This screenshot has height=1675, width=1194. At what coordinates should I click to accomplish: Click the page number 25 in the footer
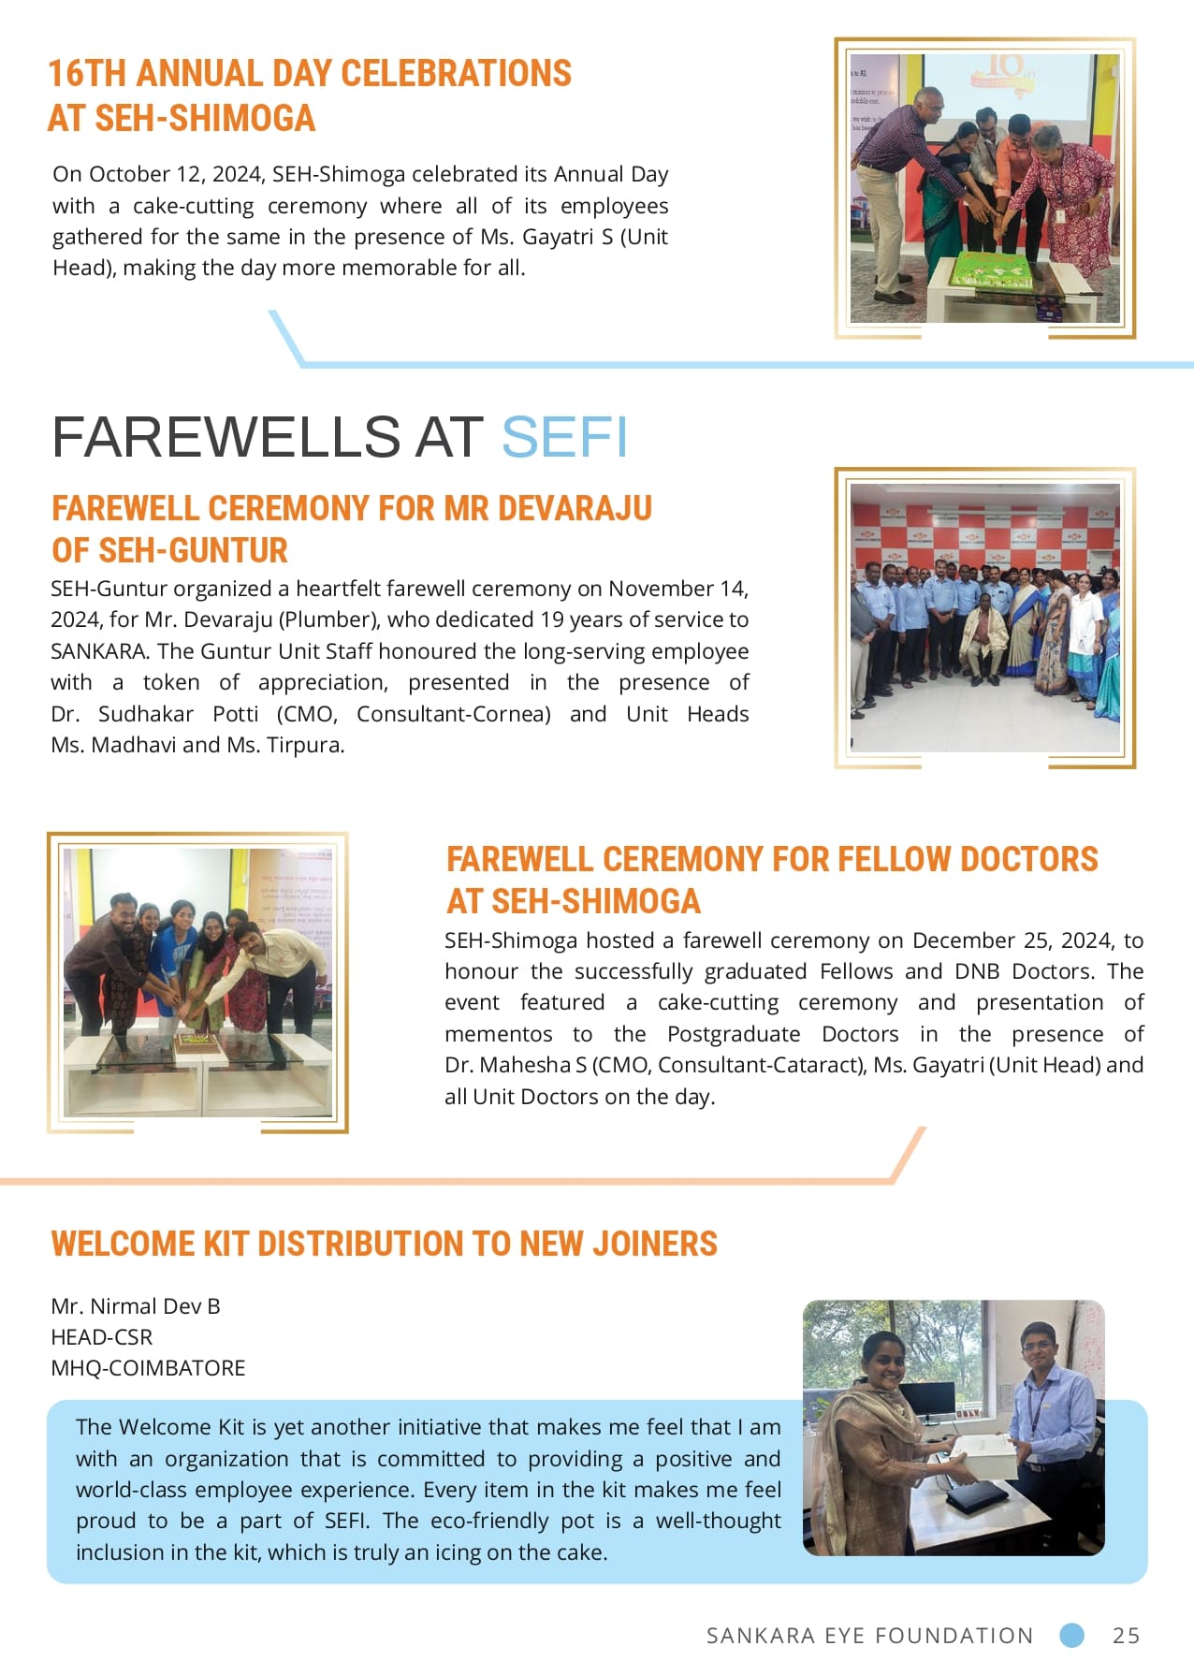(x=1126, y=1635)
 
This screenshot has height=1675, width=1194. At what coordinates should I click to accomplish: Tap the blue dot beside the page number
(x=1071, y=1635)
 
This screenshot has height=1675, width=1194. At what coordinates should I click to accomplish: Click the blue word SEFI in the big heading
(x=564, y=437)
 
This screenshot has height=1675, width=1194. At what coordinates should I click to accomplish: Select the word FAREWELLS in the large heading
(x=226, y=437)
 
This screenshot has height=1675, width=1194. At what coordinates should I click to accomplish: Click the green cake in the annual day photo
(x=991, y=272)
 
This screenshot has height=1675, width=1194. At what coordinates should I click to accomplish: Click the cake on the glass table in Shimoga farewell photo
(x=197, y=1041)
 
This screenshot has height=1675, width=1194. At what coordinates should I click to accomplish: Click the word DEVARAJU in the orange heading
(x=575, y=508)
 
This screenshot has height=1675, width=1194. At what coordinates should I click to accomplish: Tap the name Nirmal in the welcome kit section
(x=124, y=1306)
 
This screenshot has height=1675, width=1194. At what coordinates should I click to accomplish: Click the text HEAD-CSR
(x=101, y=1337)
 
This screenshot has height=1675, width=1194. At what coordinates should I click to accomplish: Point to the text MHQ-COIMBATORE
(x=148, y=1368)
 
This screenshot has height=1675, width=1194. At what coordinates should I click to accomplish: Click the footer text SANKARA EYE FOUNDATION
(x=869, y=1636)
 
